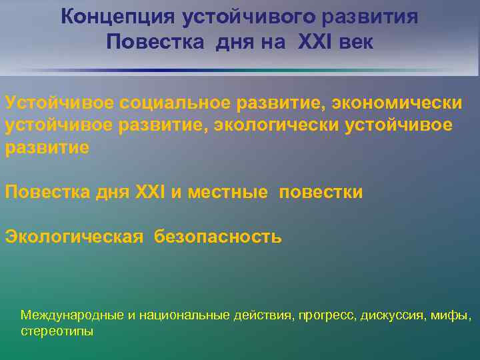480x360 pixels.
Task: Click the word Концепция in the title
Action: (107, 17)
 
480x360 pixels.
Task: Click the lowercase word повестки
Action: (321, 193)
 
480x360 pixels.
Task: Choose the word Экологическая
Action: (74, 237)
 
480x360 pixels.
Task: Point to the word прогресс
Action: (327, 315)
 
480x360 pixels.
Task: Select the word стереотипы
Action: (57, 331)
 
